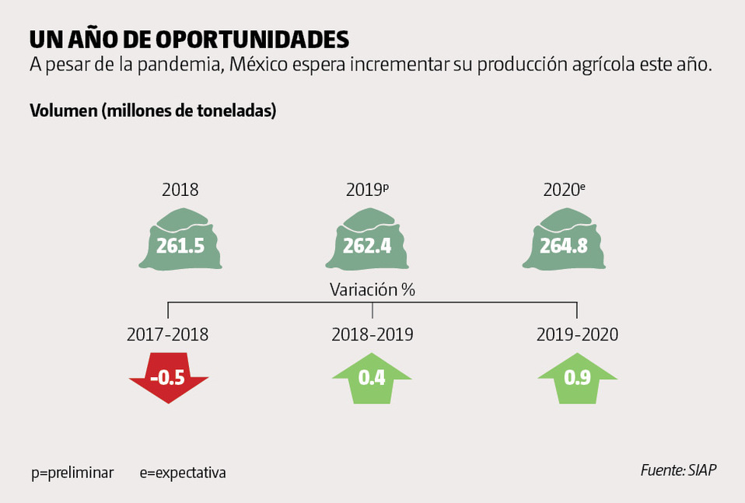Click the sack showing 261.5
tap(180, 244)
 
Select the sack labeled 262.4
tap(372, 244)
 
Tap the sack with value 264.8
tap(576, 244)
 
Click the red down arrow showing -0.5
tap(168, 378)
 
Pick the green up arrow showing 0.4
tap(372, 378)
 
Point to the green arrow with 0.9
tap(577, 378)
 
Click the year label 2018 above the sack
tap(180, 190)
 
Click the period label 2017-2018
tap(168, 335)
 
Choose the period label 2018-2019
tap(372, 335)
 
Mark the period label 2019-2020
tap(577, 335)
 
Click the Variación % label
tap(372, 290)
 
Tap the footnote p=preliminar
tap(72, 473)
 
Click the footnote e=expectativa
tap(183, 473)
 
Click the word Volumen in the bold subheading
tap(63, 110)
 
